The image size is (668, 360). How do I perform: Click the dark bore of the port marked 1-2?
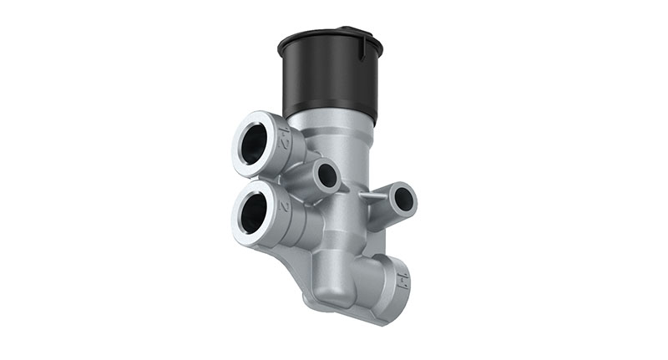(252, 145)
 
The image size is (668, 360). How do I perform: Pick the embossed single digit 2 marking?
(285, 204)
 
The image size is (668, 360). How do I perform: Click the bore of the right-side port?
(403, 199)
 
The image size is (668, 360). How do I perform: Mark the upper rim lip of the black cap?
(329, 38)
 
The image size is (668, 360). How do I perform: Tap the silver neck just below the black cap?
(334, 125)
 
